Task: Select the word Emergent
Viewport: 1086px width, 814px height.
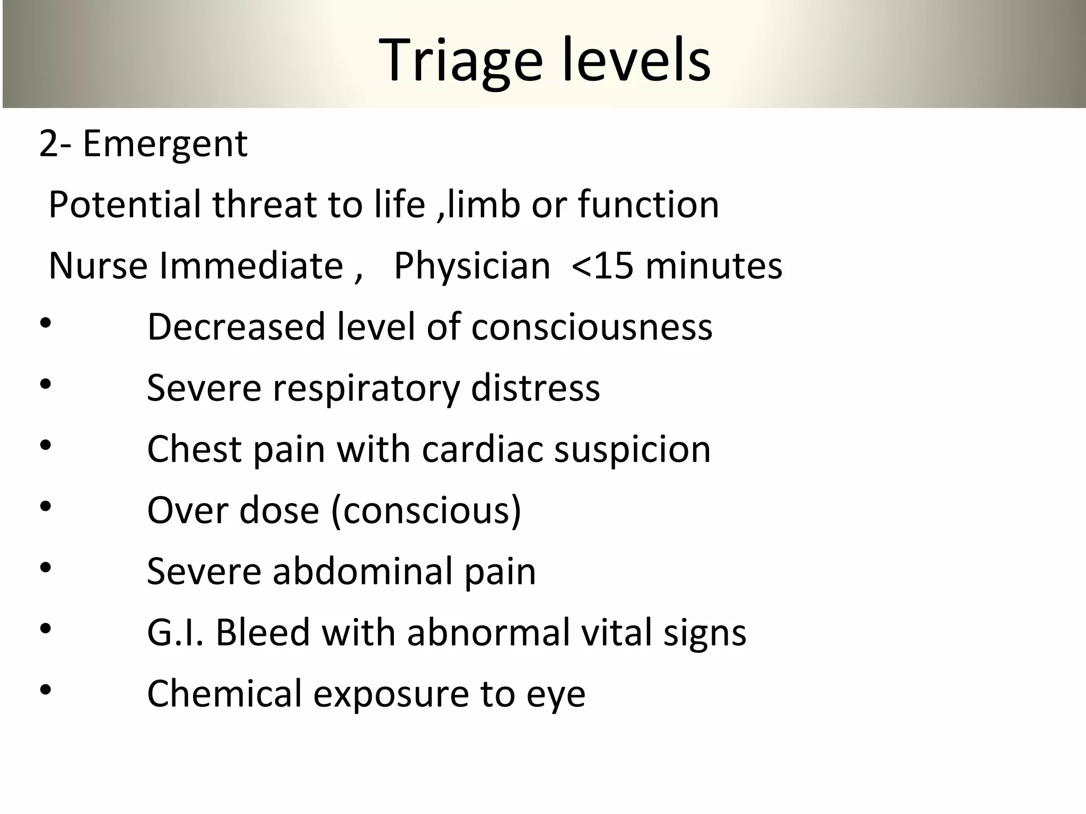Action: pyautogui.click(x=165, y=144)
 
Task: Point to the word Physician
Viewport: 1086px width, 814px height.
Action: pyautogui.click(x=472, y=266)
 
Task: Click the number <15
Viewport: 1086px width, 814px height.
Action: pyautogui.click(x=602, y=266)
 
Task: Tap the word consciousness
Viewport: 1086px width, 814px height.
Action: pyautogui.click(x=592, y=327)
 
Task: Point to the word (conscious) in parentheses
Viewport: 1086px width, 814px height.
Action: pyautogui.click(x=426, y=511)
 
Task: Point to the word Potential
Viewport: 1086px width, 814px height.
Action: pyautogui.click(x=125, y=205)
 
